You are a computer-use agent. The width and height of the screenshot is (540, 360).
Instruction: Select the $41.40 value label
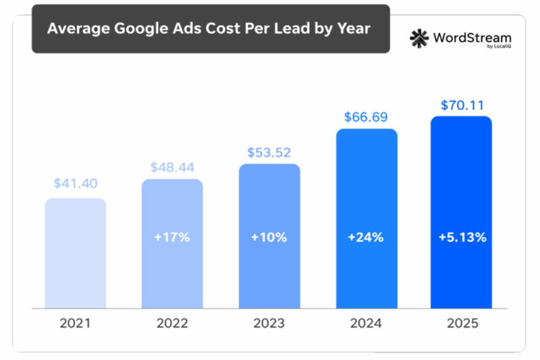[x=76, y=183]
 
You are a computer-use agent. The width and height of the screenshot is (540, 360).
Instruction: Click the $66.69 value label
[x=366, y=117]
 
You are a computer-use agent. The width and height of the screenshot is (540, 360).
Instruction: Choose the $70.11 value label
[x=462, y=105]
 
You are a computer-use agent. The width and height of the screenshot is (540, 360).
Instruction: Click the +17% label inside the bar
[x=171, y=238]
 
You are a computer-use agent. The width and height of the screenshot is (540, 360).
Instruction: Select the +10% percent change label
[x=269, y=238]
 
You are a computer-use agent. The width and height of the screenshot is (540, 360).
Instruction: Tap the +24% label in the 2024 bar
[x=366, y=238]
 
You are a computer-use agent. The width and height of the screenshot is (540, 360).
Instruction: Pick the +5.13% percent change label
[x=462, y=238]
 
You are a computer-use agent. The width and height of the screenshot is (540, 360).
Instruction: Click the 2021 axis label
[x=76, y=324]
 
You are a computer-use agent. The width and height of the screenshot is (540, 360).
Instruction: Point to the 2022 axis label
[x=171, y=324]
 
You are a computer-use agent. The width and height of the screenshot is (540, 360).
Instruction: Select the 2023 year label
[x=269, y=324]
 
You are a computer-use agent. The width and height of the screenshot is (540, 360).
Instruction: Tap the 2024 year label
[x=366, y=324]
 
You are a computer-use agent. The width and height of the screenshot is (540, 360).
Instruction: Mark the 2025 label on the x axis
[x=462, y=324]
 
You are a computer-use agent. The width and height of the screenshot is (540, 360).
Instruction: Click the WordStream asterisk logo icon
[x=420, y=38]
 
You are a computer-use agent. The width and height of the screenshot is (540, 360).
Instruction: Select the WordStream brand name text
[x=473, y=38]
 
